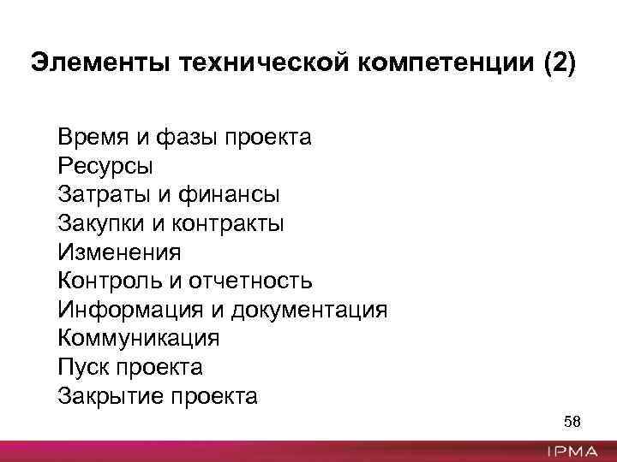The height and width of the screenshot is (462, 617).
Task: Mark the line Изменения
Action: coord(119,252)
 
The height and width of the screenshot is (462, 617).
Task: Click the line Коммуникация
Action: coord(139,338)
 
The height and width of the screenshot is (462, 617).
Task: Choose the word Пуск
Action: coord(82,367)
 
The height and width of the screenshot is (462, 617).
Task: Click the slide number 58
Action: coord(572,422)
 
